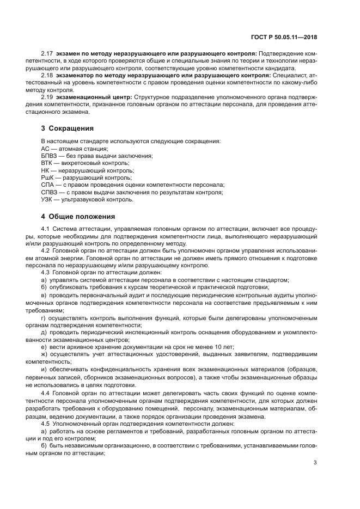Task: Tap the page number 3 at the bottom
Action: click(315, 463)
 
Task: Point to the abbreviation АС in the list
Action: click(46, 149)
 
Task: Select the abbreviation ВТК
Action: click(47, 163)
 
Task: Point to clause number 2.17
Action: click(47, 54)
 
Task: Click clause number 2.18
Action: click(47, 76)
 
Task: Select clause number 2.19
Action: click(47, 97)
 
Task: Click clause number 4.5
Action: click(46, 423)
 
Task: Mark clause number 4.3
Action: click(46, 272)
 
